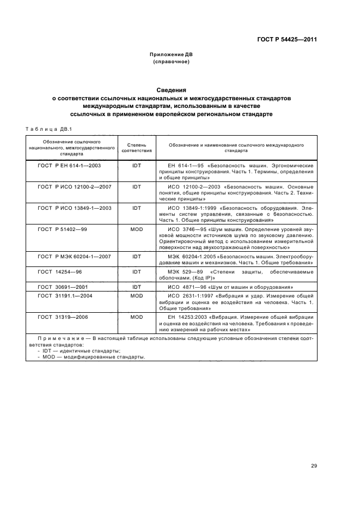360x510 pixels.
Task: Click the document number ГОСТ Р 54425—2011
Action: point(287,40)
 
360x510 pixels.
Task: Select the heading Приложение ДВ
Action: point(172,54)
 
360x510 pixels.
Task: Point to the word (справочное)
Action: point(172,62)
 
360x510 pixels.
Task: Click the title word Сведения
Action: point(172,90)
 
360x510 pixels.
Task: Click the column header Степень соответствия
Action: point(136,148)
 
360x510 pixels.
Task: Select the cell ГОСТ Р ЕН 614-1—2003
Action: point(69,165)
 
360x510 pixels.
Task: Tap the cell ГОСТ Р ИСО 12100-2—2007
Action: point(74,186)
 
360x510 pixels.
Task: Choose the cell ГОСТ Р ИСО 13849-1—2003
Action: point(74,208)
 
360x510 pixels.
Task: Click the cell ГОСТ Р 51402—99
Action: point(62,229)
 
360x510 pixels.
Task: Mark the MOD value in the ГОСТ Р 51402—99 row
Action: point(136,229)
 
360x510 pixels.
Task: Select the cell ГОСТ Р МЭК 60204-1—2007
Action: point(74,256)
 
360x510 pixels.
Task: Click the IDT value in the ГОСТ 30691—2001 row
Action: point(136,286)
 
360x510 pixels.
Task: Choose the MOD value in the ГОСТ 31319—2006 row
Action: point(136,316)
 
